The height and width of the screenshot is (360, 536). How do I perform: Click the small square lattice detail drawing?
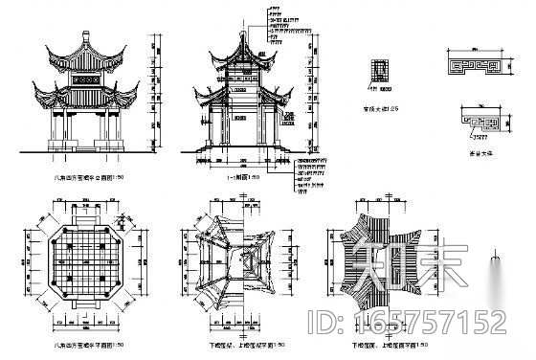pos(383,70)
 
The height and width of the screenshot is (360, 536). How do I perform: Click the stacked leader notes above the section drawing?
pos(279,24)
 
